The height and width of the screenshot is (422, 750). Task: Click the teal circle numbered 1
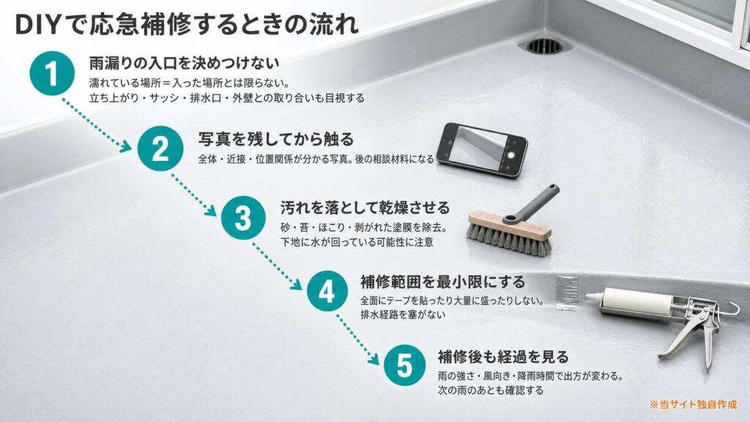coord(52,74)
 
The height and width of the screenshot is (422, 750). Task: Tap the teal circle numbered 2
coord(160,148)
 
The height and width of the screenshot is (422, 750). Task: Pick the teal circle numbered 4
coord(327,291)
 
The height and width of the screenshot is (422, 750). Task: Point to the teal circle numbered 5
coord(404,365)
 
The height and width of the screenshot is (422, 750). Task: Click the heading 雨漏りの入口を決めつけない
coord(184,63)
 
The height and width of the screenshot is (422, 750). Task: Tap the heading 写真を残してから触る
coord(276,138)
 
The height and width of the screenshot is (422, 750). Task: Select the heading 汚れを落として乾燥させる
coord(365,207)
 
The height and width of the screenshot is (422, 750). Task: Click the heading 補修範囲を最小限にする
coord(443,282)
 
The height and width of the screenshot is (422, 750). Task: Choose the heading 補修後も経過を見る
coord(503,357)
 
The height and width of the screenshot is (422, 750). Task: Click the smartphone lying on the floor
coord(482,149)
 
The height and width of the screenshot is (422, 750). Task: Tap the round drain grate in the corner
coord(545,45)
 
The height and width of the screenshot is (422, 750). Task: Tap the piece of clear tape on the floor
coord(567,292)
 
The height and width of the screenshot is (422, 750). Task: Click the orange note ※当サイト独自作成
coord(693,404)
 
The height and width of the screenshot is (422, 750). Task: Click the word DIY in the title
coord(38,25)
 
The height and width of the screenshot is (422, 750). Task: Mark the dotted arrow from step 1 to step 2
coord(96,124)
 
